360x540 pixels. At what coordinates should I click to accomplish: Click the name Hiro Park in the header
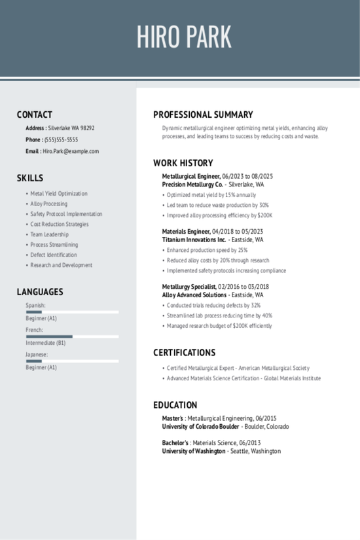[184, 37]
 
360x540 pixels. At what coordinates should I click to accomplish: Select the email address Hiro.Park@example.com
[71, 151]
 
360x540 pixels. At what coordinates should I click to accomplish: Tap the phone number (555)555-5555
[61, 139]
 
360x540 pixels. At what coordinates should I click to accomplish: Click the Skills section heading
[30, 178]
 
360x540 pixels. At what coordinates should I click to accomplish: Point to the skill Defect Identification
[54, 255]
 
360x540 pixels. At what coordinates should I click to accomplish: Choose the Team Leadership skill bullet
[50, 234]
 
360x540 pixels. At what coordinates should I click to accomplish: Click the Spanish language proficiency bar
[72, 312]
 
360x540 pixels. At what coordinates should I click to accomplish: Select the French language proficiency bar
[72, 336]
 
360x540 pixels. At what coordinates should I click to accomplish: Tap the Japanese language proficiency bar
[72, 361]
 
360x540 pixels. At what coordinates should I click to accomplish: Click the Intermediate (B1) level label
[46, 343]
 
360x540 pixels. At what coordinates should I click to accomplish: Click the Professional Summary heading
[203, 115]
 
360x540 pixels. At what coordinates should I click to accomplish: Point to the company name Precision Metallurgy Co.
[192, 185]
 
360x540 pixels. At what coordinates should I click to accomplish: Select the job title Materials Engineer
[186, 232]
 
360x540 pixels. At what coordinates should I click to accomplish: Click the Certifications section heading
[184, 353]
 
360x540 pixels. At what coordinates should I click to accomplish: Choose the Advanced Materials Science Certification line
[243, 378]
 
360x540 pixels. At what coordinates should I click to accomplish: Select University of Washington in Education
[194, 451]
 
